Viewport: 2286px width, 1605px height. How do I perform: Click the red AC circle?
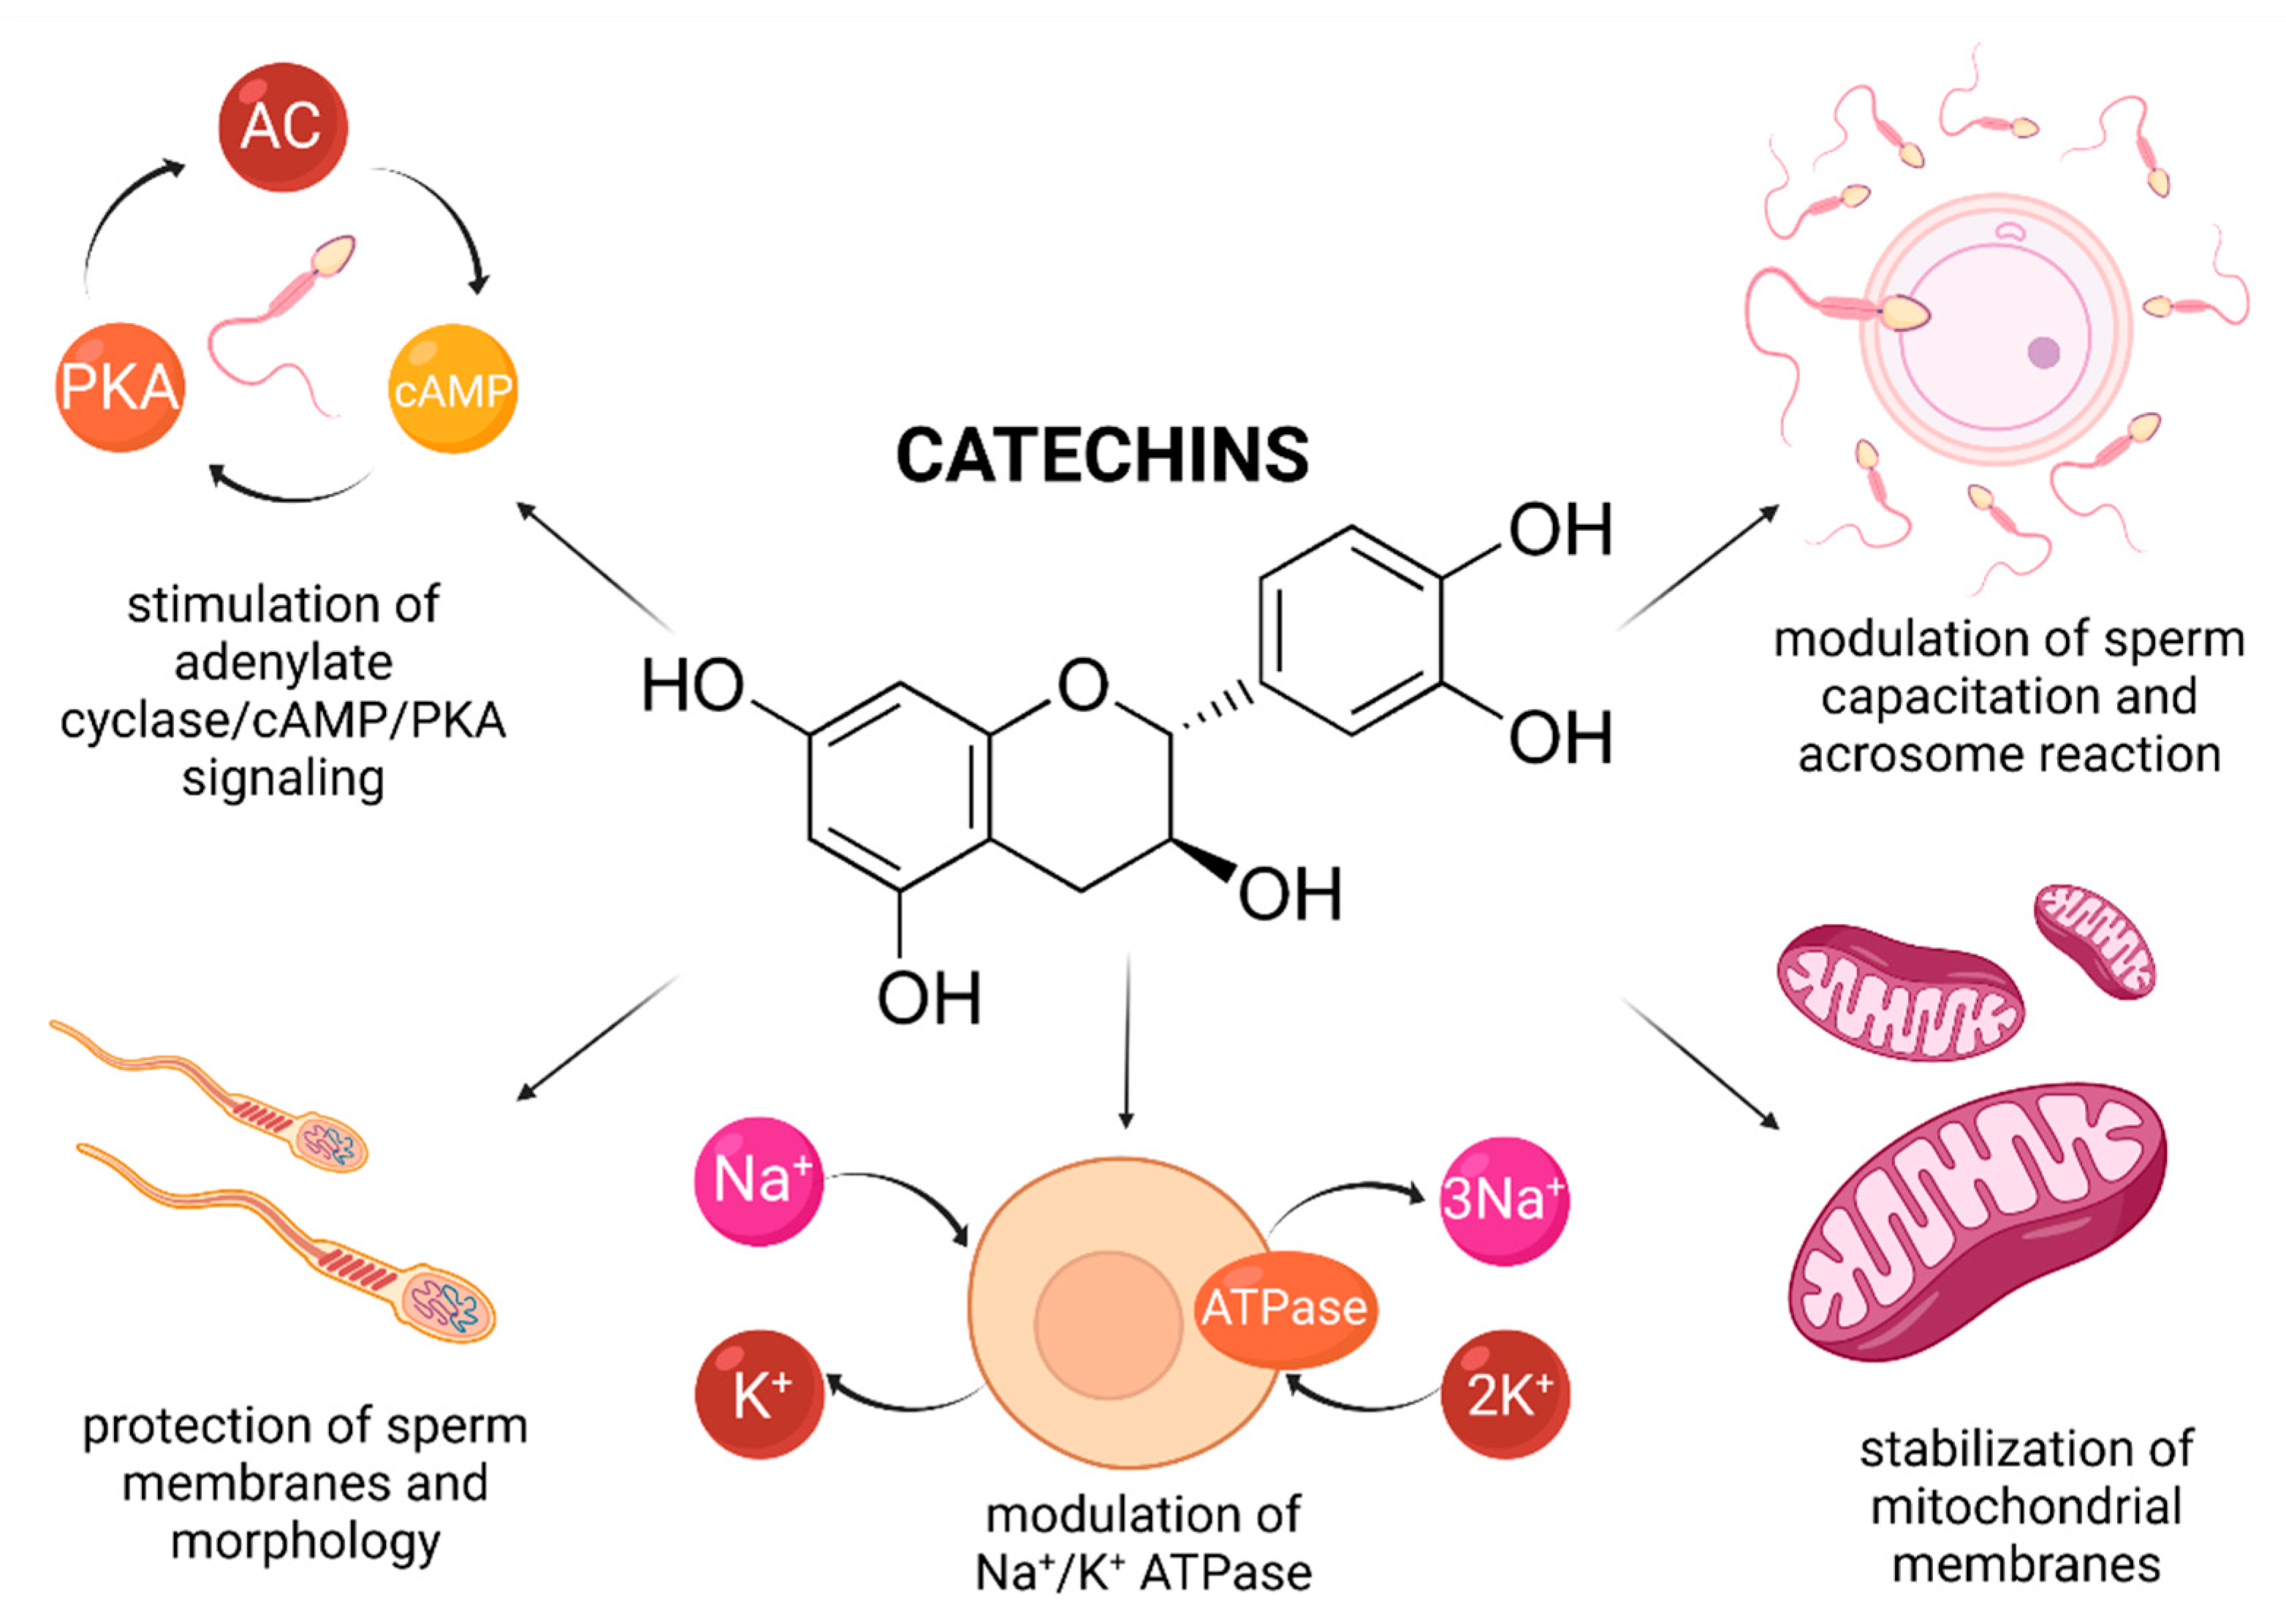pyautogui.click(x=283, y=126)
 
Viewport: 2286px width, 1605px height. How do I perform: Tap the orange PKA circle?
pyautogui.click(x=119, y=387)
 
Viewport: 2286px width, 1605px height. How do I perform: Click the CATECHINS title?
pyautogui.click(x=1102, y=456)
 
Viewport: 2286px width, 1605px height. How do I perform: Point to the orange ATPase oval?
pyautogui.click(x=1283, y=1308)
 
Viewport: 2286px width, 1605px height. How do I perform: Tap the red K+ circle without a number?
pyautogui.click(x=759, y=1395)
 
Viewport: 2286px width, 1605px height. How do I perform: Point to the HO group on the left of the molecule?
pyautogui.click(x=693, y=686)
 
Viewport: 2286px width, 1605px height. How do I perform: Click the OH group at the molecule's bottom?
pyautogui.click(x=928, y=998)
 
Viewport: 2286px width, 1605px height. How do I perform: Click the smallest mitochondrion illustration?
pyautogui.click(x=2094, y=941)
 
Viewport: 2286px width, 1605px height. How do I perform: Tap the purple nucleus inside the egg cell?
pyautogui.click(x=2043, y=352)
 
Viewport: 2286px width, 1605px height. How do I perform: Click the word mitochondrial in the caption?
pyautogui.click(x=2025, y=1506)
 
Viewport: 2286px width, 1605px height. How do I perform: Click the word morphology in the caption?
pyautogui.click(x=305, y=1541)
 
